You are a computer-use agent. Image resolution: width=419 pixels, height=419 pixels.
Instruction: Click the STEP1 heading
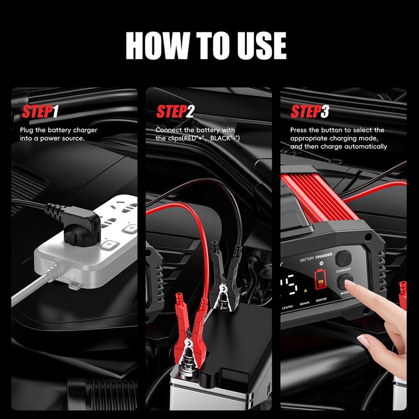click(x=40, y=112)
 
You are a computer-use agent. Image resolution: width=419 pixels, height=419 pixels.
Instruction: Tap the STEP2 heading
click(x=175, y=112)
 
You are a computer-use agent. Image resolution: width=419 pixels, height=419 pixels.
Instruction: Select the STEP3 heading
click(x=310, y=112)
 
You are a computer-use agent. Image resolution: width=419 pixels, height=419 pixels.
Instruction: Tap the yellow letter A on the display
click(x=305, y=289)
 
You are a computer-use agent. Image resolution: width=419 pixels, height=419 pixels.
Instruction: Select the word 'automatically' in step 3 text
click(x=365, y=147)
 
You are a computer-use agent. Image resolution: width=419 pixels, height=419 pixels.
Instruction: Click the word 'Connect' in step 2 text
click(x=168, y=130)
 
